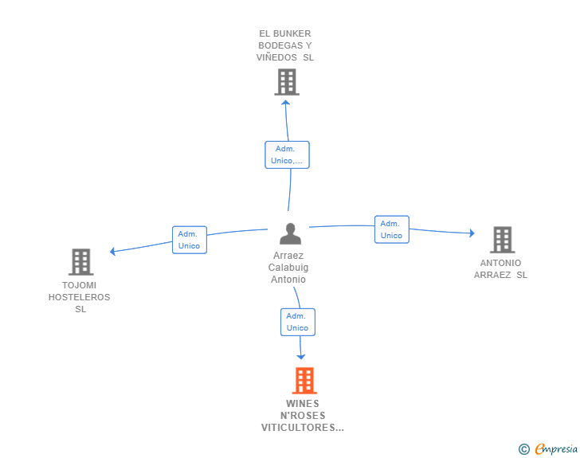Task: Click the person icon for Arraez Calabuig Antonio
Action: click(x=290, y=234)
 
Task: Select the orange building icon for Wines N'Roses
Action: click(x=304, y=381)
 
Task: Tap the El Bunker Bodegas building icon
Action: click(x=286, y=82)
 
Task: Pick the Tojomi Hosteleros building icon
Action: click(x=80, y=262)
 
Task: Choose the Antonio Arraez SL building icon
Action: click(x=501, y=240)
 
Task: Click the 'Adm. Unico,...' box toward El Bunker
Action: click(x=287, y=155)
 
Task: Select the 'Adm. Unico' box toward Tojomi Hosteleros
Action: click(x=190, y=240)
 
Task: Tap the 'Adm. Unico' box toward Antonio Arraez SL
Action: click(x=391, y=229)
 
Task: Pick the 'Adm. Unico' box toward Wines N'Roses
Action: click(x=297, y=322)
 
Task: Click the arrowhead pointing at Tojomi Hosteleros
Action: click(x=113, y=252)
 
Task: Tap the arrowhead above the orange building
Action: click(x=302, y=357)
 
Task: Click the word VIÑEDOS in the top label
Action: click(x=278, y=57)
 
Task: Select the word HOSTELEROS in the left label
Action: click(x=80, y=297)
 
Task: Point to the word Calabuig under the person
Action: click(x=288, y=268)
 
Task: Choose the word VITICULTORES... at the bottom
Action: click(x=303, y=428)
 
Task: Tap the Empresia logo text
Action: click(x=557, y=449)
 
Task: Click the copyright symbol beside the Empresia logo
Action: click(x=523, y=450)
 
